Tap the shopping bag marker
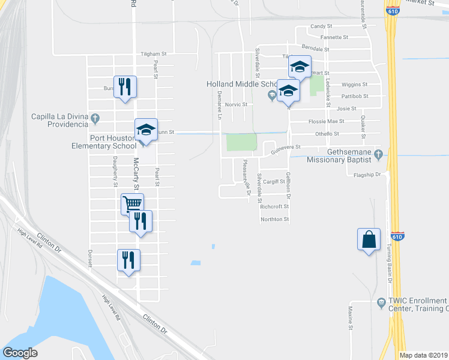coord(369,240)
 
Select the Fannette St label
coord(334,37)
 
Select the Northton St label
coord(275,220)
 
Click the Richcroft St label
coord(275,206)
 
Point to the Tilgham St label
coord(152,53)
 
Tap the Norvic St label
coord(236,104)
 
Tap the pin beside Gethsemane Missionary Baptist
coord(378,155)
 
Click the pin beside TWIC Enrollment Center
coord(381,304)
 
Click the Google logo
coord(20,353)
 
